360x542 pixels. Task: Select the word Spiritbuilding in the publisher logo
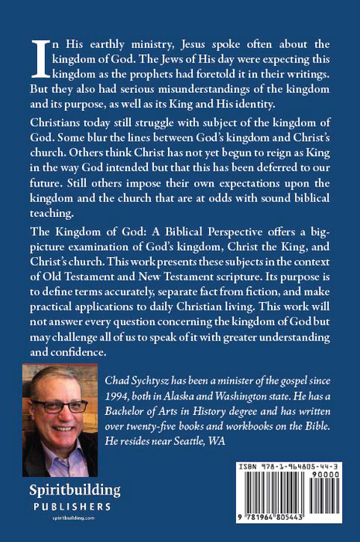(x=66, y=491)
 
